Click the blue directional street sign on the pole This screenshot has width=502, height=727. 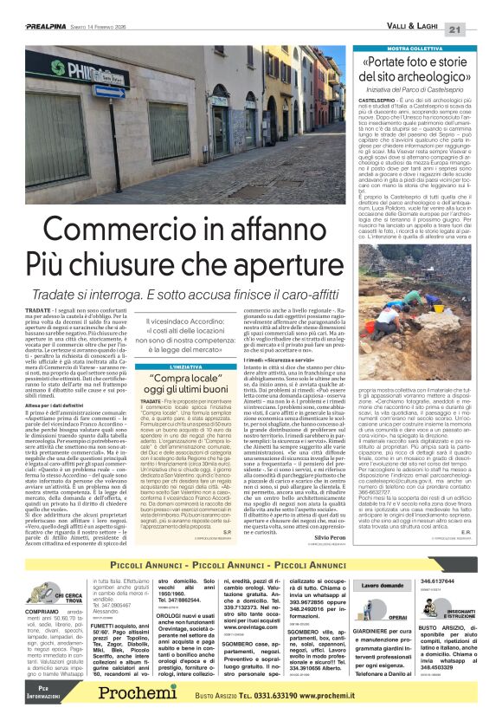109,91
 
